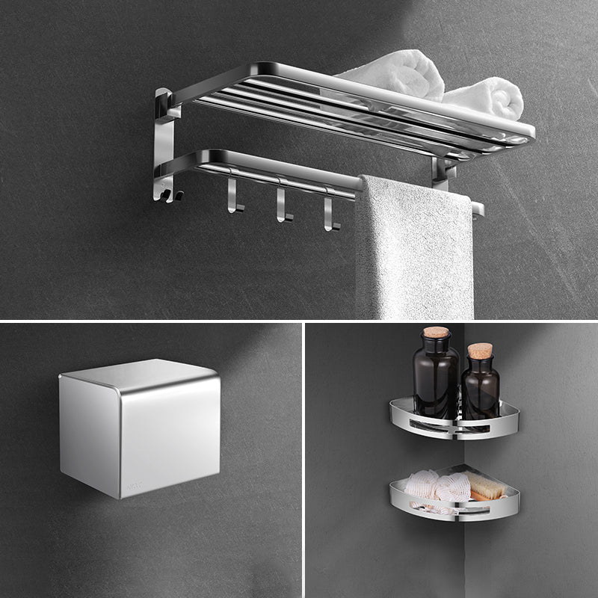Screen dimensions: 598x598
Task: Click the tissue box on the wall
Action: pos(141,430)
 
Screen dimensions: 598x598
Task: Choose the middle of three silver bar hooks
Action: pos(282,203)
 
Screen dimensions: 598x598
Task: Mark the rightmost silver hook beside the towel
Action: pos(329,212)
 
